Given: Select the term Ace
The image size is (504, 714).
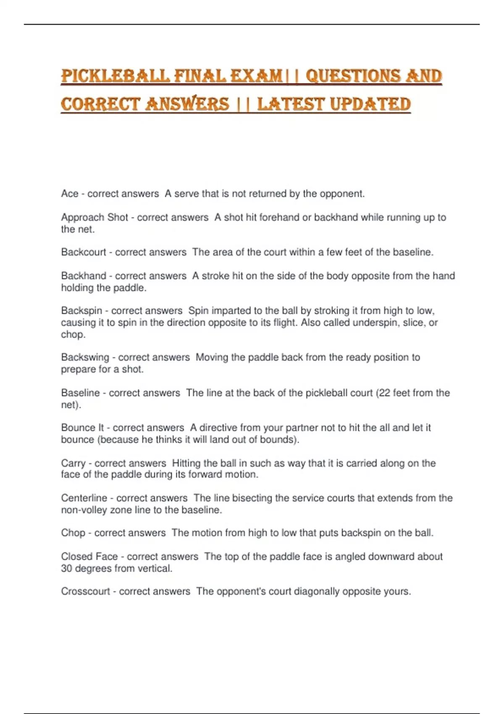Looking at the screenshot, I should tap(70, 194).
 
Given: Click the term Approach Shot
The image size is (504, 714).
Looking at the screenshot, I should tap(94, 217).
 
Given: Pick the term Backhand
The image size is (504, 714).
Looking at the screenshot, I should tap(84, 276).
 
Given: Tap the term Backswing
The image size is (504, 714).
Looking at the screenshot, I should tap(85, 357).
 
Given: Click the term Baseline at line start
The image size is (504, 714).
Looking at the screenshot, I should tap(80, 393).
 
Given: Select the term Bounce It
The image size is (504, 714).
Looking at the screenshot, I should tap(82, 428).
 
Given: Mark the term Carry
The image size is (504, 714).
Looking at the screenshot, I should tap(73, 463).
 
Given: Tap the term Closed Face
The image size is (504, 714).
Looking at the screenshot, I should tap(89, 556).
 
